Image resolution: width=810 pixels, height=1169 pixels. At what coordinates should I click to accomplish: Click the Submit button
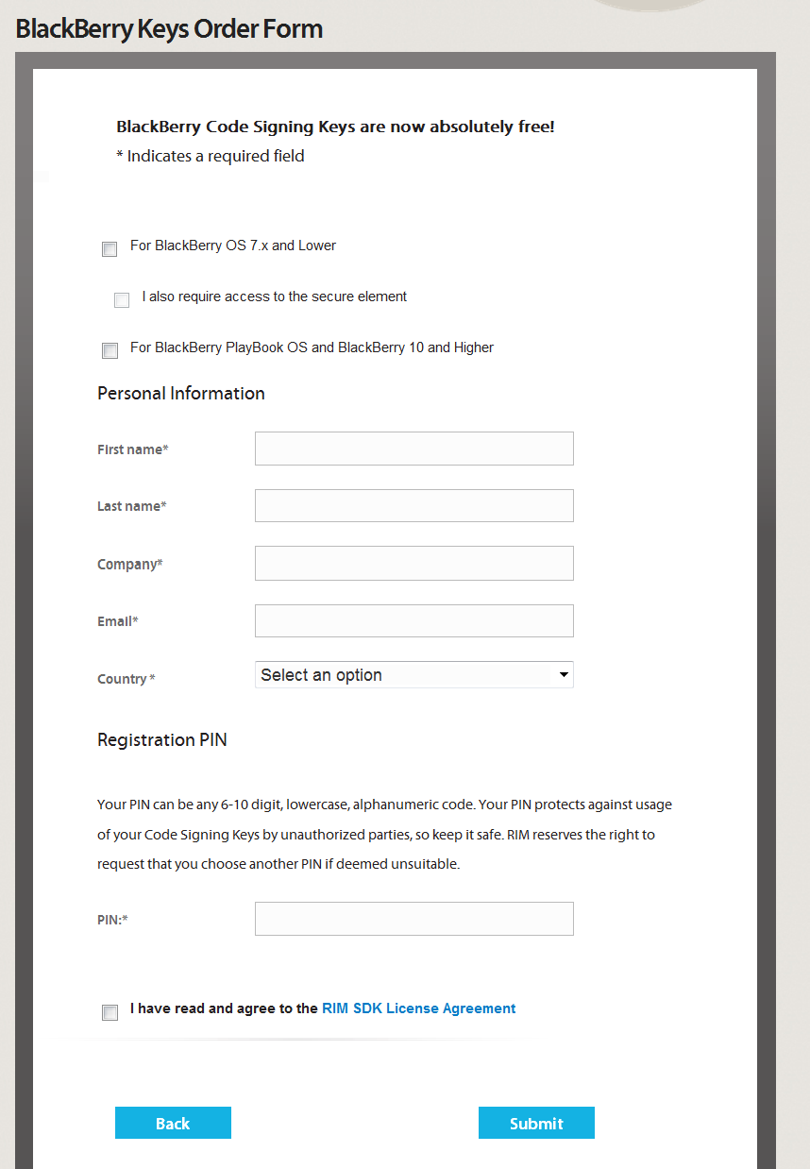(536, 1123)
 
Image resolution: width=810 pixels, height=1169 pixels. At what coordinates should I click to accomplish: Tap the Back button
(173, 1123)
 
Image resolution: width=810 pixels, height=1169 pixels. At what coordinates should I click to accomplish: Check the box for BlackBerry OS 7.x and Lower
(110, 249)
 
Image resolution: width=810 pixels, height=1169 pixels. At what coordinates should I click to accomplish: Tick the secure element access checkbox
(122, 300)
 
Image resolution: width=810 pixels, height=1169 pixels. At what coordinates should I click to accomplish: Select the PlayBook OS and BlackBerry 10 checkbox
(110, 351)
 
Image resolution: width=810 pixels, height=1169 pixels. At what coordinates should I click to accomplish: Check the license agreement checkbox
(110, 1012)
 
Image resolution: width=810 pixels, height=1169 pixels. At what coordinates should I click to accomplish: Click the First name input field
(413, 449)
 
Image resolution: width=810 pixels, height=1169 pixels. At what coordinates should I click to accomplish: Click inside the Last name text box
(413, 506)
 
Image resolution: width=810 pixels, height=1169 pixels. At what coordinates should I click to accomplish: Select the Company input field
(413, 564)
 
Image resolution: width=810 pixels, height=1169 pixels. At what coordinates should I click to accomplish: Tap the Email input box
(413, 621)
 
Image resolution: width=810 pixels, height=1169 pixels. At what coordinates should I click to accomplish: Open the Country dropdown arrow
(563, 675)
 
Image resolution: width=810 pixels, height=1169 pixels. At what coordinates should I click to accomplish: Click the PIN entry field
(413, 919)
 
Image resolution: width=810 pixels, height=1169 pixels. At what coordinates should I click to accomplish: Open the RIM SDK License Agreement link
(418, 1008)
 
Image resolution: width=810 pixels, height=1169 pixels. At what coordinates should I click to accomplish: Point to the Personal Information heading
(180, 393)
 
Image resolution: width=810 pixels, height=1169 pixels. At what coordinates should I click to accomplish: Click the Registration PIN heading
(161, 739)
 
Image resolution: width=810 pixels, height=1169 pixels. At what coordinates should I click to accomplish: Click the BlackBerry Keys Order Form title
(169, 29)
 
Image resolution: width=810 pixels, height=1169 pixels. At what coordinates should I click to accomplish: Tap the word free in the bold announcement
(534, 127)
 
